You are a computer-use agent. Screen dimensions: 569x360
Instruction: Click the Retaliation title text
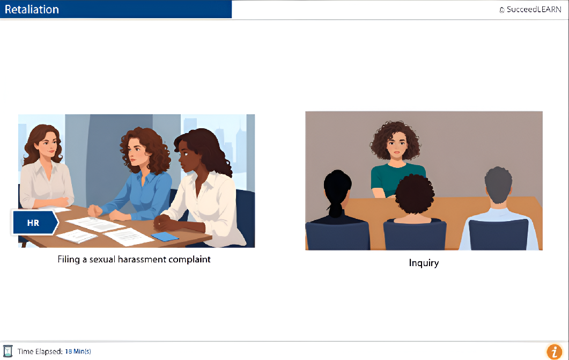[x=32, y=10]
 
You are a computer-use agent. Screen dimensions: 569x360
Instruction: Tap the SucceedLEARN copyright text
[x=530, y=10]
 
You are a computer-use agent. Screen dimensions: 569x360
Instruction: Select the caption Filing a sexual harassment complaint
[x=134, y=260]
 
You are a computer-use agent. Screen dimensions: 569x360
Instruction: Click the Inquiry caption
[x=424, y=263]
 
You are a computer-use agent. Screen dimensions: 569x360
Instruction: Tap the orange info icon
[x=554, y=351]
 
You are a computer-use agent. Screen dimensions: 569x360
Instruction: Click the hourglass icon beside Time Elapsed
[x=8, y=351]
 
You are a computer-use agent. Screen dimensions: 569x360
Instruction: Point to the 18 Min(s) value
[x=78, y=351]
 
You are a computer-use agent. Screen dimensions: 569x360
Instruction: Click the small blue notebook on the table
[x=165, y=237]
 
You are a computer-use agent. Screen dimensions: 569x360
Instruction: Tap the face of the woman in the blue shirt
[x=137, y=152]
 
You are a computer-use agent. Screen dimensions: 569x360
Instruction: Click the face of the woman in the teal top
[x=396, y=145]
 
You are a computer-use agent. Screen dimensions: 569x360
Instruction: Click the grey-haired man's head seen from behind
[x=498, y=185]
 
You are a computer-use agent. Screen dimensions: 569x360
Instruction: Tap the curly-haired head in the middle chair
[x=415, y=194]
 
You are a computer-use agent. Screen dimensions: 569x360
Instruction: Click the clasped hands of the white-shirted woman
[x=163, y=222]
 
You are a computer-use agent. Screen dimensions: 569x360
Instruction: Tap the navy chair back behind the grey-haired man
[x=498, y=235]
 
